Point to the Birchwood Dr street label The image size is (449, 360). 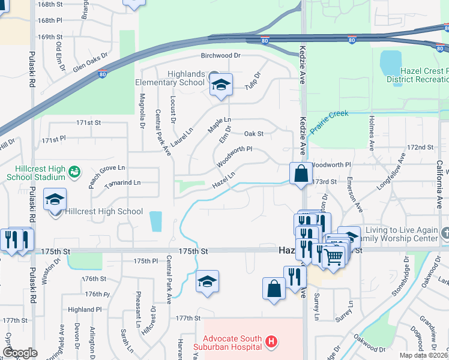pos(220,56)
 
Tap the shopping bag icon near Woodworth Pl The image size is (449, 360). pos(300,173)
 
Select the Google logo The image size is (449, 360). pos(20,353)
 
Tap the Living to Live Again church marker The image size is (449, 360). pos(444,233)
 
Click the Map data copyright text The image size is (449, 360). pos(423,355)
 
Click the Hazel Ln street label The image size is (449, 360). pos(223,179)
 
